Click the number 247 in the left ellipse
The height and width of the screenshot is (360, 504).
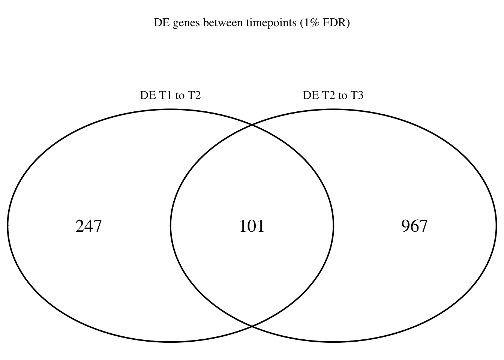click(88, 226)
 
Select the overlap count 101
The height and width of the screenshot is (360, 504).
click(252, 226)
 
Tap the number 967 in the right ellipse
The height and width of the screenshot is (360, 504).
click(414, 226)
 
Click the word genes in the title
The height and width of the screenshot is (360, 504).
click(186, 23)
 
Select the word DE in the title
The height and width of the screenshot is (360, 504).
click(162, 22)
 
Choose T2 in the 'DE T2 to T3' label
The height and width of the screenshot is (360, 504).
click(329, 95)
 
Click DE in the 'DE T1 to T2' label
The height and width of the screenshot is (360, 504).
click(148, 95)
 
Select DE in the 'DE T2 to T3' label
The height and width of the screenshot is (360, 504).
click(311, 95)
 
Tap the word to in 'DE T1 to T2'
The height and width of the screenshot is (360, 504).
click(180, 96)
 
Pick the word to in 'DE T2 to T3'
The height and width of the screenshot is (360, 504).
click(343, 96)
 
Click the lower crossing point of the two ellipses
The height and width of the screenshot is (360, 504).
click(252, 326)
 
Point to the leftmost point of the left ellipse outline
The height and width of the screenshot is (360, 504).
click(7, 225)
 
